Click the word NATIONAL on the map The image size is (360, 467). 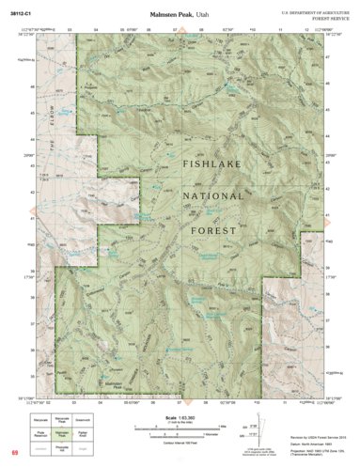tap(218, 196)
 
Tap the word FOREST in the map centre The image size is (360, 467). tap(217, 229)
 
